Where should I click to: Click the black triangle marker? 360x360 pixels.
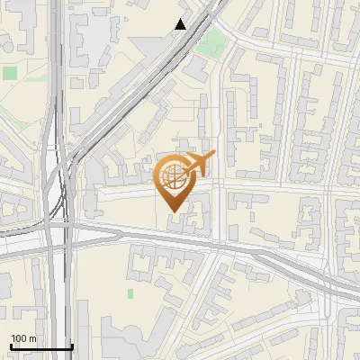180,24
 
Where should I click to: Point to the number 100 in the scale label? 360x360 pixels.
19,339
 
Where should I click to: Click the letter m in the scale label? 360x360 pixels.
32,339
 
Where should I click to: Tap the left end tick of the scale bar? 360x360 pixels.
10,346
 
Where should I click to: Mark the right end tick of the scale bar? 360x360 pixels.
72,346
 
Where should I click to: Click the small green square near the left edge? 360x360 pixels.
10,72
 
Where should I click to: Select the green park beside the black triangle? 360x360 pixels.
211,41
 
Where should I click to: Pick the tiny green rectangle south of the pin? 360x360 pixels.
130,293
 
